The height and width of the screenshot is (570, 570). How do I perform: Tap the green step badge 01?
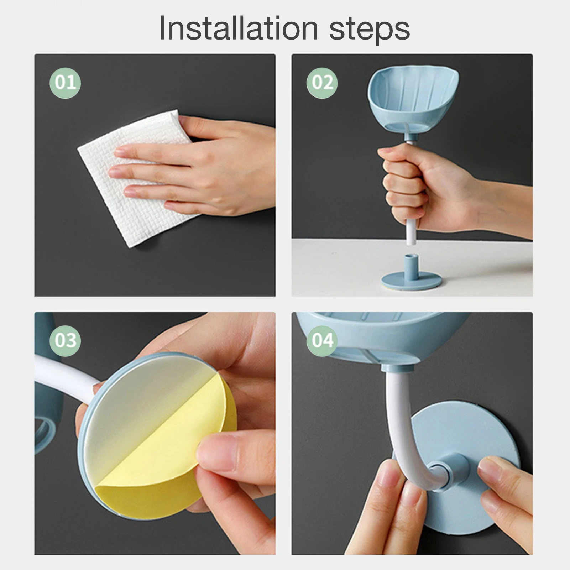[65, 83]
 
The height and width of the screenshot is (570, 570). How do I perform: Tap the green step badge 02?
[322, 83]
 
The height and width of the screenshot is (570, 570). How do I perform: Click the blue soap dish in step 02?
[413, 101]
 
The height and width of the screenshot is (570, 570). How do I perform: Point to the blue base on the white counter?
[412, 278]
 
